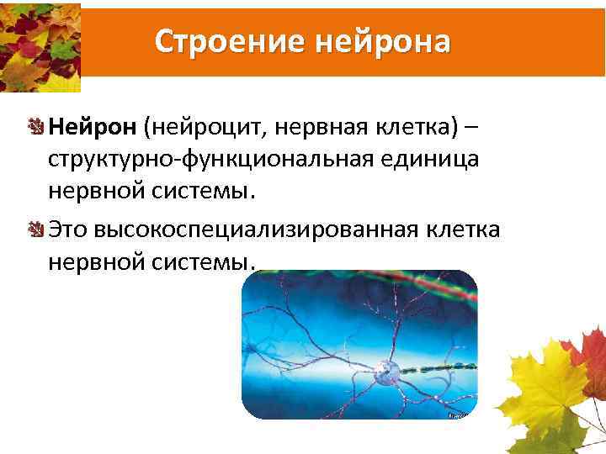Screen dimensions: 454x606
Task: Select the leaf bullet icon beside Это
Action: click(x=37, y=229)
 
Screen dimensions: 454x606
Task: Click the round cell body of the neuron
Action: click(x=386, y=369)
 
